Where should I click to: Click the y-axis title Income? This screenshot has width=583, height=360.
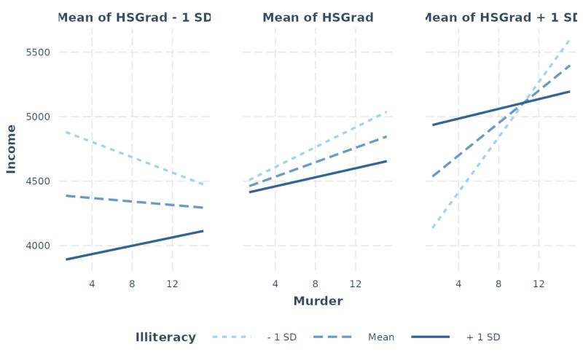11,149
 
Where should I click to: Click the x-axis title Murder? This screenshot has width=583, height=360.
318,301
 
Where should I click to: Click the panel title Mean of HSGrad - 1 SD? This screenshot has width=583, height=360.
134,17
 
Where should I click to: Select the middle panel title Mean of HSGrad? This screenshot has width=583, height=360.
318,17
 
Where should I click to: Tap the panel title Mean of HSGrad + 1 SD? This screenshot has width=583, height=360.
501,17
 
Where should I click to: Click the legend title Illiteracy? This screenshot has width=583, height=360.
165,337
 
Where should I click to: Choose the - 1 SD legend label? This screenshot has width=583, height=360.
281,337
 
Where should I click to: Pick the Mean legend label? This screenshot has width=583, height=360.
381,337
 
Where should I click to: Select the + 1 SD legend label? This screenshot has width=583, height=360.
483,337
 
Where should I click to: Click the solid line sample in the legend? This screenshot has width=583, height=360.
431,337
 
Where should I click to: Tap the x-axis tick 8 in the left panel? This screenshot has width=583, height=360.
132,283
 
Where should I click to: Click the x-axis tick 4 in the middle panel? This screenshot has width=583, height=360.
275,283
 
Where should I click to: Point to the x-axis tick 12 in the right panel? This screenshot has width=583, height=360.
539,283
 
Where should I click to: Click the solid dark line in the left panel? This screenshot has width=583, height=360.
132,246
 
